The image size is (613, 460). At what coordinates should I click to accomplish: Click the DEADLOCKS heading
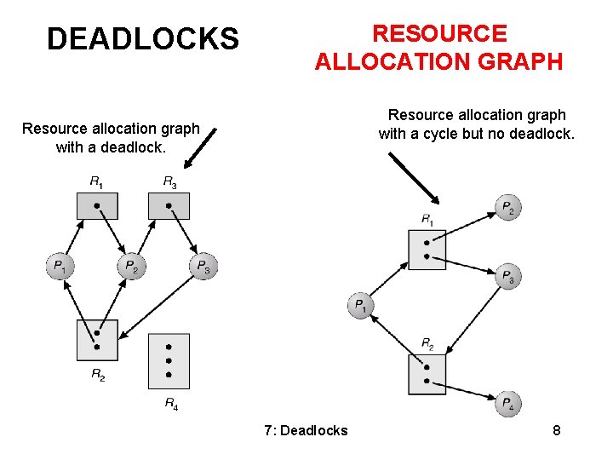click(x=142, y=39)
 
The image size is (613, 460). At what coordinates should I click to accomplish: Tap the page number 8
click(x=556, y=430)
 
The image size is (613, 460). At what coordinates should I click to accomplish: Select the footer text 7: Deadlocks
click(x=306, y=430)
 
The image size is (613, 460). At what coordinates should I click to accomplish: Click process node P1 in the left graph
click(x=59, y=267)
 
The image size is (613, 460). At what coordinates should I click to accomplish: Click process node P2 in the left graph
click(x=131, y=267)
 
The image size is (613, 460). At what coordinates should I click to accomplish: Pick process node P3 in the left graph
click(x=203, y=267)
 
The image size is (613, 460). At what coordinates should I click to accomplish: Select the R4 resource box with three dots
click(x=169, y=361)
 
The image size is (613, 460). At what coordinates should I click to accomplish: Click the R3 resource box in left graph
click(x=169, y=206)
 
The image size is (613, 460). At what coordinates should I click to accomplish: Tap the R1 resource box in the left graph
click(x=97, y=206)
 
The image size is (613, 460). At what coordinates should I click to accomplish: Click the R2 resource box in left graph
click(x=97, y=340)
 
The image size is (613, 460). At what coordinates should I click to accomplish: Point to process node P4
click(x=508, y=404)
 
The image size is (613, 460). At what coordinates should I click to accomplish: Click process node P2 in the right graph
click(x=508, y=208)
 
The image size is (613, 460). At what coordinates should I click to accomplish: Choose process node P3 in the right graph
click(x=508, y=276)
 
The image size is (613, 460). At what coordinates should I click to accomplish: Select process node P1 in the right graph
click(x=360, y=306)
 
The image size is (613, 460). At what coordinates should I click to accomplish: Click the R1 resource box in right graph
click(x=427, y=249)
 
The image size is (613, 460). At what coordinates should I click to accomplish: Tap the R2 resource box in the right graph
click(x=427, y=374)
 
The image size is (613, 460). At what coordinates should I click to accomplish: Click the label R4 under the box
click(x=170, y=403)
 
